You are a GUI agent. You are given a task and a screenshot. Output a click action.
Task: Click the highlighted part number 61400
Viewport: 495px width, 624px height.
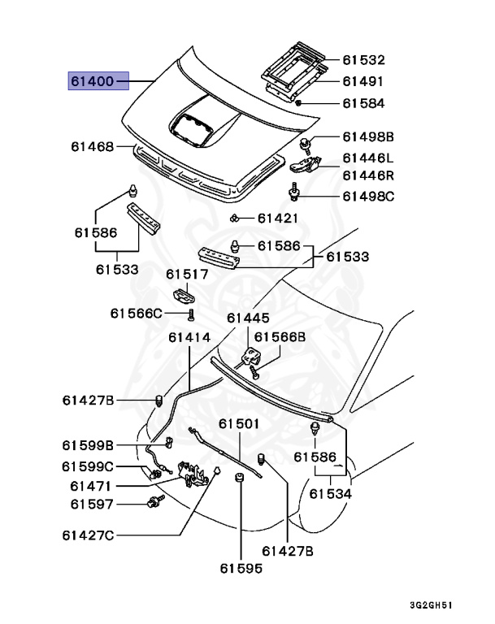[93, 82]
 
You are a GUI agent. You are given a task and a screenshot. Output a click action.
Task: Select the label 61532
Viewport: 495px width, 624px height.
[363, 60]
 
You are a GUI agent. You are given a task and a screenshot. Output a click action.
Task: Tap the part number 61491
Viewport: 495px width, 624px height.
[363, 81]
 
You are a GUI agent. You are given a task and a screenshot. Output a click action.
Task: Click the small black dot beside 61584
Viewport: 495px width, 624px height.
[299, 103]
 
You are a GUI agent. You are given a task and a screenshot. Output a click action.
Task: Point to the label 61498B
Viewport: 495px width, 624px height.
[367, 136]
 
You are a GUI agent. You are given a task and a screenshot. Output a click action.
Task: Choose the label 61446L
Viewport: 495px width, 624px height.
[367, 158]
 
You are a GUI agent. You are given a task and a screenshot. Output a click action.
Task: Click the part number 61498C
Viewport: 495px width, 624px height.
[367, 196]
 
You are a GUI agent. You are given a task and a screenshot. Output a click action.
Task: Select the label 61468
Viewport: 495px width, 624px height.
[91, 147]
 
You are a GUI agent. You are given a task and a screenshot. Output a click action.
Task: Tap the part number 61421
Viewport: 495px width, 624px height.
[278, 218]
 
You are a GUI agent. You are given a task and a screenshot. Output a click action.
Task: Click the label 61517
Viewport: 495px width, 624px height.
[188, 275]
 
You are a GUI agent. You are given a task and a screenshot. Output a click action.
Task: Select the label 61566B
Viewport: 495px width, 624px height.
[280, 336]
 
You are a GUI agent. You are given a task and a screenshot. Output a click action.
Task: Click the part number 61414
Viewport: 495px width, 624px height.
[189, 336]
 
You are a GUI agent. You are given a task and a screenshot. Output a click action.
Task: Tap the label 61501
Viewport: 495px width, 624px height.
[239, 424]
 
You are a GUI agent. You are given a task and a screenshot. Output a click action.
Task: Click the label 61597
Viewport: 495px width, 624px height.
[87, 505]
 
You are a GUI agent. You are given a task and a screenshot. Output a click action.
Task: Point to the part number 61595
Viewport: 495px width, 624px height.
[241, 569]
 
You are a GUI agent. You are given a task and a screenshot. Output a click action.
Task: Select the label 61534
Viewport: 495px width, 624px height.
[331, 493]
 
